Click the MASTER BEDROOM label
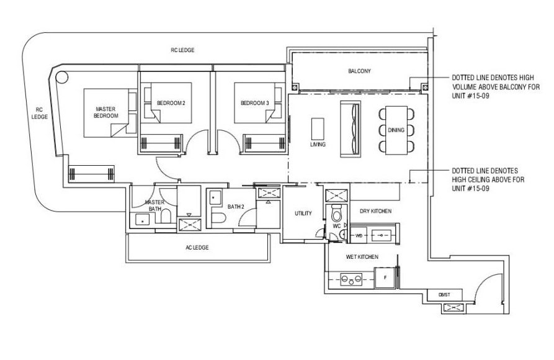point(105,112)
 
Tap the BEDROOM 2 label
point(171,103)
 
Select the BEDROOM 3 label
point(255,103)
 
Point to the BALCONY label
point(359,71)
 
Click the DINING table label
point(396,130)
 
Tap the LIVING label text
point(318,144)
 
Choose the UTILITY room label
point(303,214)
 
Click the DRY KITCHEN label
point(375,211)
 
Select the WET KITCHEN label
point(362,257)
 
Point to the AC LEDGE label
point(197,248)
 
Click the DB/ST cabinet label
point(444,295)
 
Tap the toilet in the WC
point(337,212)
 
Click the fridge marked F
point(385,277)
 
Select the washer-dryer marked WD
point(359,235)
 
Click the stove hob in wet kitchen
point(351,279)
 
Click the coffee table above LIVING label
point(318,128)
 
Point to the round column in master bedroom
point(62,77)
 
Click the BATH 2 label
point(236,207)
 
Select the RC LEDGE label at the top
point(182,50)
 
